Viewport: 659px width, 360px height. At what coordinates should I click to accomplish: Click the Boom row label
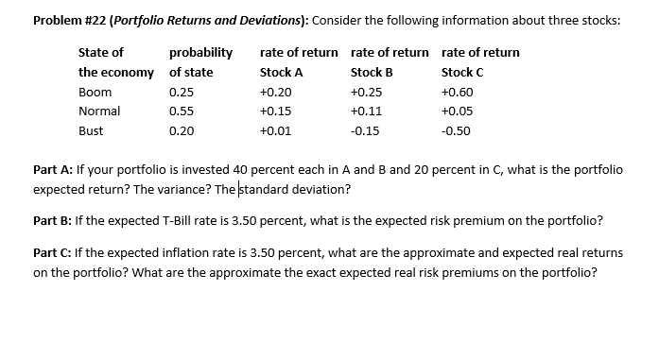tap(95, 93)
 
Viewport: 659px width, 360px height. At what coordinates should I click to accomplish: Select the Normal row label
tap(98, 111)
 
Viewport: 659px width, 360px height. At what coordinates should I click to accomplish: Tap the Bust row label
tap(92, 130)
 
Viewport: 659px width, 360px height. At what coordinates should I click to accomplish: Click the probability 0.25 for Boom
tap(181, 93)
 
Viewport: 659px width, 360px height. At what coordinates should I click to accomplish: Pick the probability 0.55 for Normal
tap(181, 111)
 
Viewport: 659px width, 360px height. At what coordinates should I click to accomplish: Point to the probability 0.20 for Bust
tap(181, 130)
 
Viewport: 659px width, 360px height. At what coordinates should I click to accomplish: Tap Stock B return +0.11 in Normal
tap(365, 111)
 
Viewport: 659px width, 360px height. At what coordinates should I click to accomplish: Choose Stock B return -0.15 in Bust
tap(364, 130)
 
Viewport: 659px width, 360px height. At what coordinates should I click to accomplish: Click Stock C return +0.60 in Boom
tap(458, 93)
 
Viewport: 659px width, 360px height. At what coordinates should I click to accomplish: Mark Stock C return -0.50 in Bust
tap(457, 130)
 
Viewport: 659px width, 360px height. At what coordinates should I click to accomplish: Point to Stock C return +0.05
tap(458, 111)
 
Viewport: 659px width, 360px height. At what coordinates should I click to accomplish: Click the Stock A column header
tap(281, 72)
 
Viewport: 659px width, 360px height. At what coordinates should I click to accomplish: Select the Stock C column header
tap(462, 72)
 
